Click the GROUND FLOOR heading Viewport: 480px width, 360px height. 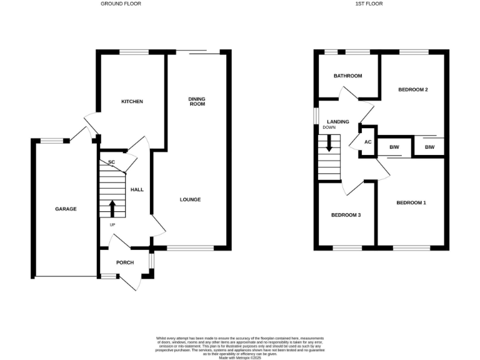point(121,4)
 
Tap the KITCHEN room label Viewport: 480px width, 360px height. point(132,101)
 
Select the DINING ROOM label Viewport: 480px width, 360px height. point(197,102)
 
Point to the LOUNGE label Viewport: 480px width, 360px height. point(190,200)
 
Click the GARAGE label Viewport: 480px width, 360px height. point(66,209)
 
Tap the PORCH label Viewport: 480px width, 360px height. point(125,262)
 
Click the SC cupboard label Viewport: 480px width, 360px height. point(112,163)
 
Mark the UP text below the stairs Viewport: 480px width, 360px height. point(112,225)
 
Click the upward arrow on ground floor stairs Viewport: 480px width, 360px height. point(112,208)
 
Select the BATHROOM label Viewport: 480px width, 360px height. point(347,76)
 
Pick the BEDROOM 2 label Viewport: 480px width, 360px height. point(413,90)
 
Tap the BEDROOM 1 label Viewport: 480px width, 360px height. point(411,202)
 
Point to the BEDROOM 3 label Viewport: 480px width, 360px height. point(346,215)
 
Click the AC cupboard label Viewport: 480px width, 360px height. point(368,142)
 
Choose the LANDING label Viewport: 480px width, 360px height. point(337,121)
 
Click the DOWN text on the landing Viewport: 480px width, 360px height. point(329,128)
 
